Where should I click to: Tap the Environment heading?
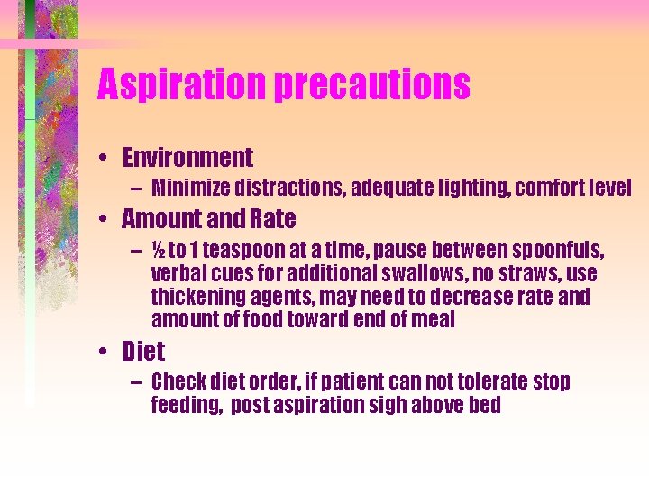point(187,159)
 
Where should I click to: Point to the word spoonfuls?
point(556,250)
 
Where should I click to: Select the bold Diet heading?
point(143,350)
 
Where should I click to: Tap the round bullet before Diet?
point(105,351)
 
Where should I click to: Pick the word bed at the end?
point(483,405)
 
